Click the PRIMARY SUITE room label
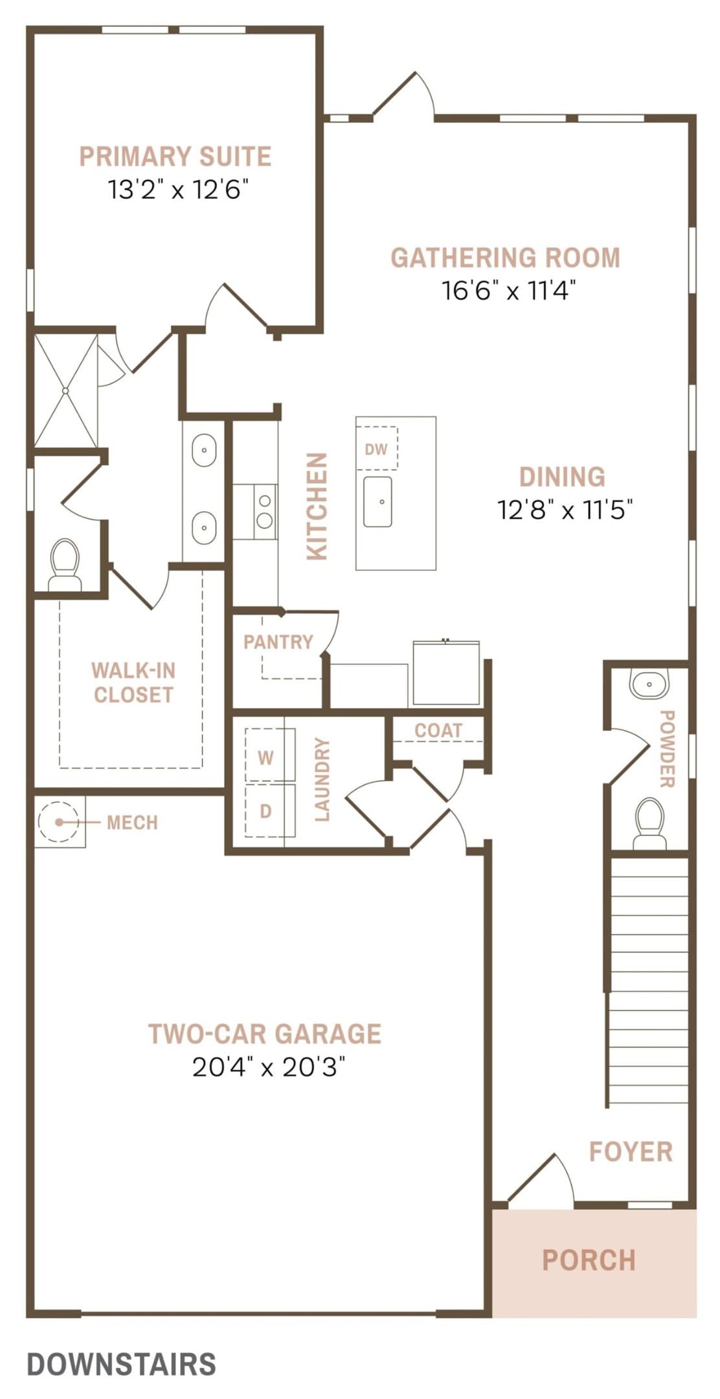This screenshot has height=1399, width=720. [175, 157]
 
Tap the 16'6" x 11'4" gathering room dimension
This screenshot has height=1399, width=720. [508, 291]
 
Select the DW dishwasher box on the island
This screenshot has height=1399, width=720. [376, 448]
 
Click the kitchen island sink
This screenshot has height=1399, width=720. [377, 502]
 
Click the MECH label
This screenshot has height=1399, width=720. [132, 823]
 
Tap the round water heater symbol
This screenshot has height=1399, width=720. [59, 822]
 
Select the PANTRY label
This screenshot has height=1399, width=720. [278, 642]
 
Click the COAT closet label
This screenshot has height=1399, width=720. [438, 731]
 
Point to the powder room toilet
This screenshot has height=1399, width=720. [649, 823]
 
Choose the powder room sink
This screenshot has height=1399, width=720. [649, 684]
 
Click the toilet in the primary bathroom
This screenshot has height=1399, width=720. [65, 564]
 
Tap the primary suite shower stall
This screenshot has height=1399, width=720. [65, 391]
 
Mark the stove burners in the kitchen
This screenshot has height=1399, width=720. [265, 511]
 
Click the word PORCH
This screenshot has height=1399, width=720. [589, 1260]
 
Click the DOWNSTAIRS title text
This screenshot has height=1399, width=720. [122, 1365]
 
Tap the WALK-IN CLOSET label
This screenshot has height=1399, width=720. [133, 683]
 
